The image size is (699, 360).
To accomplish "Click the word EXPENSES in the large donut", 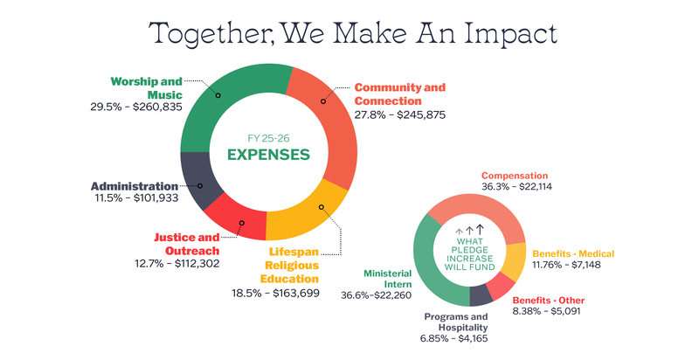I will point(268,155).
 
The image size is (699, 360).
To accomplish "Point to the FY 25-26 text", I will point(268,136).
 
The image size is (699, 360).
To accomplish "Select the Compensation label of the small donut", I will point(515,175).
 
